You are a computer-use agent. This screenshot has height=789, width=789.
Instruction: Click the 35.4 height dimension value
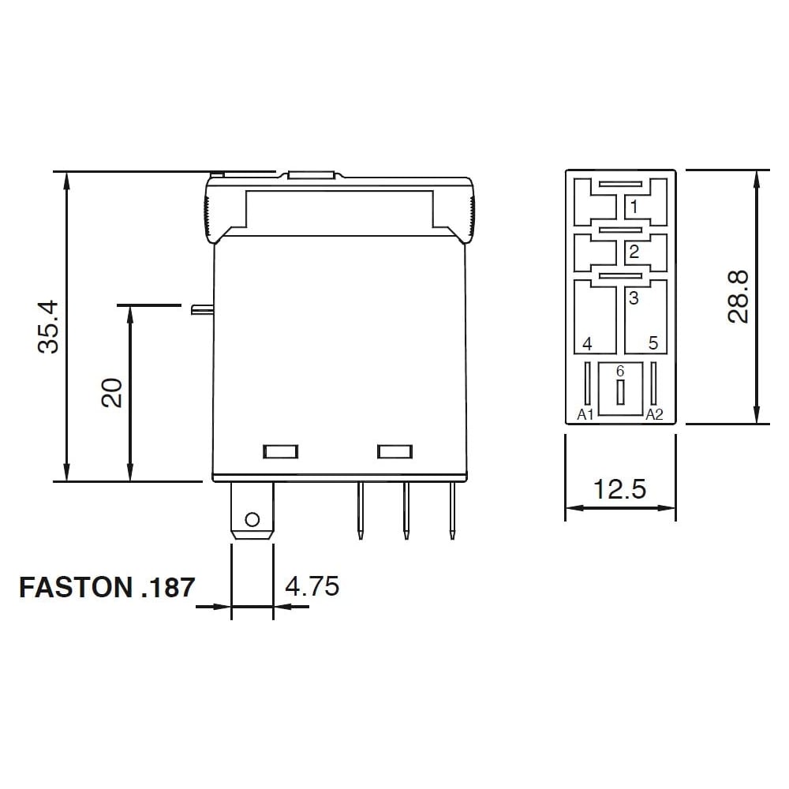(49, 327)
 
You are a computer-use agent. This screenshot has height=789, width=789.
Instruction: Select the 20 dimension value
(112, 392)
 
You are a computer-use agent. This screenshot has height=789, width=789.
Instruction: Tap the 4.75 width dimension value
(312, 586)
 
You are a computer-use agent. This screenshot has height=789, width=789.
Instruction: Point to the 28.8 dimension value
(738, 297)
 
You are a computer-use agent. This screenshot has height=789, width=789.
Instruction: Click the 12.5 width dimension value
(619, 489)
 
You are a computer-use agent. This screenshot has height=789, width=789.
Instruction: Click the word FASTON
(76, 587)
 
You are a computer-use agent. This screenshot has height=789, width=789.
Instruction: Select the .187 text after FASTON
(168, 587)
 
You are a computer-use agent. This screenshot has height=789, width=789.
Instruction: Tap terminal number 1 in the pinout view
(634, 206)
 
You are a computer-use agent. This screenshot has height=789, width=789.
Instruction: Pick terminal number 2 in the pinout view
(634, 251)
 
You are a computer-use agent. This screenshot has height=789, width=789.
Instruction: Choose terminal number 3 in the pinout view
(634, 298)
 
